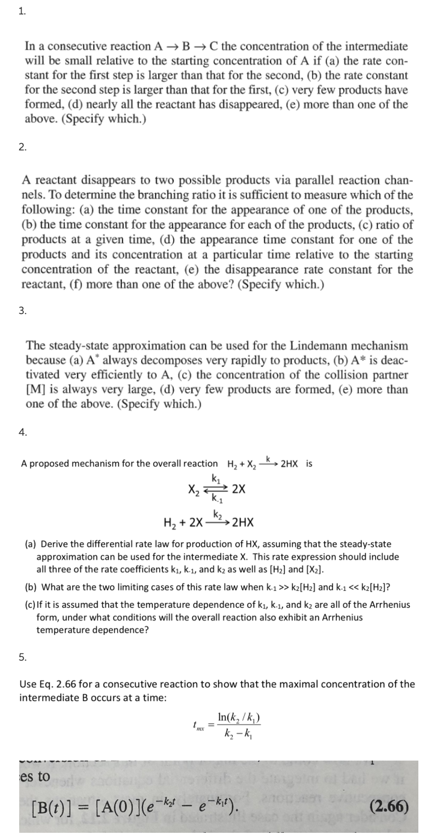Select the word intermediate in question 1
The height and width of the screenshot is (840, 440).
[361, 46]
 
